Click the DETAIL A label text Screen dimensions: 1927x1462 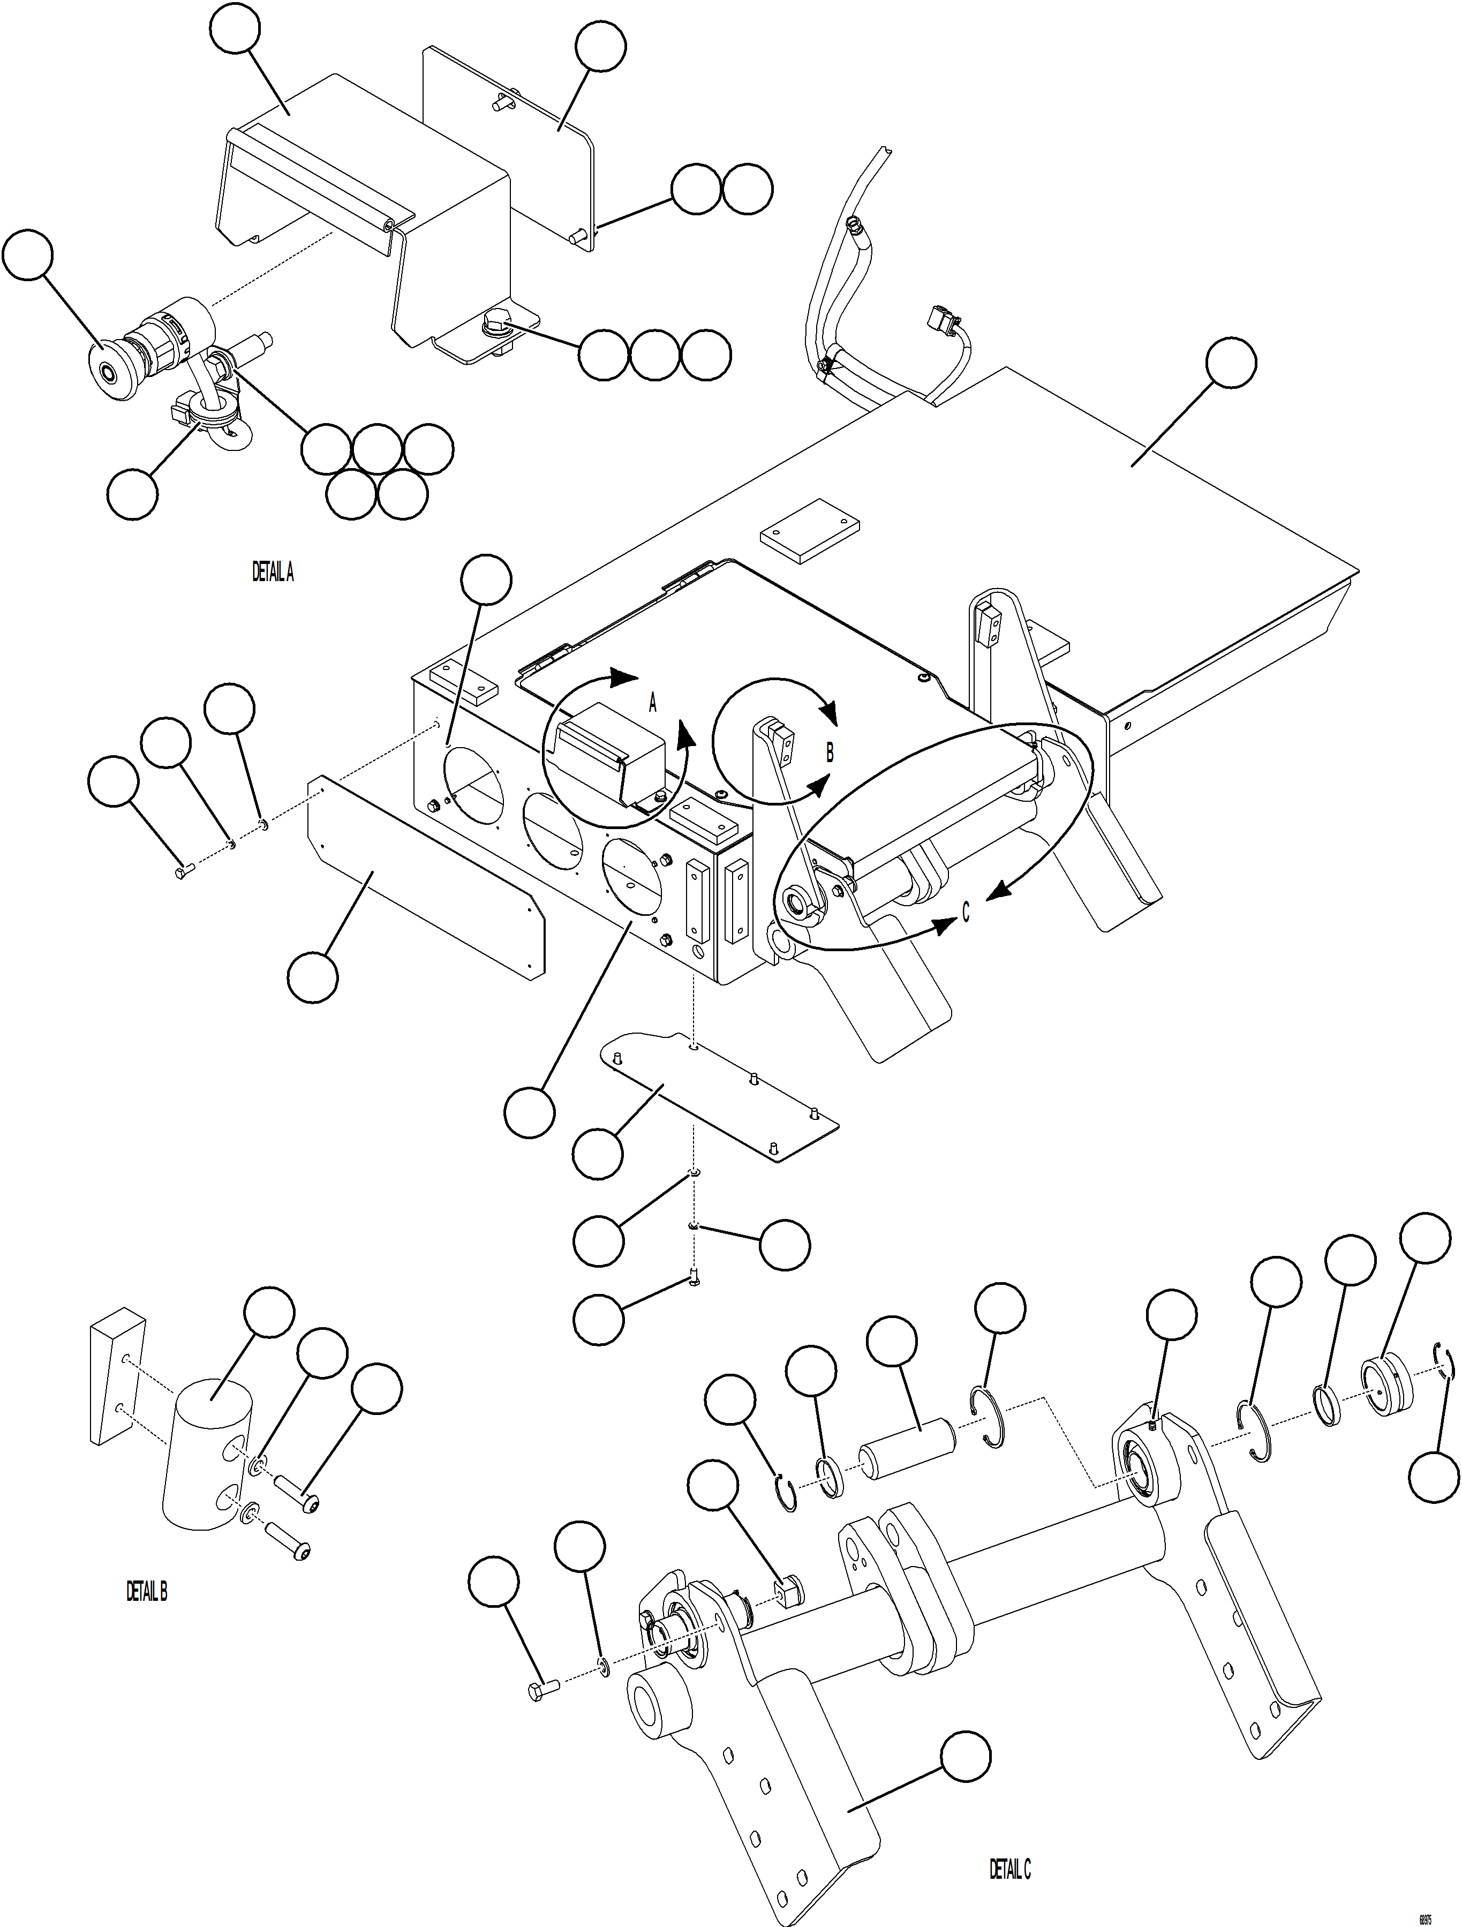[273, 573]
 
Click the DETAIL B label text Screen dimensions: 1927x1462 [146, 1592]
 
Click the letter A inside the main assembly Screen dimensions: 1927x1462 [653, 703]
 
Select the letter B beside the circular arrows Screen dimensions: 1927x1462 [830, 752]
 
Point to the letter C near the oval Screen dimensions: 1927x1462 [966, 911]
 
